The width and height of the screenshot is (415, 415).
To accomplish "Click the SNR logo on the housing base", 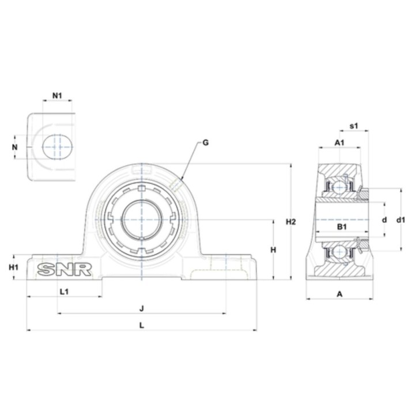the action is click(x=65, y=269).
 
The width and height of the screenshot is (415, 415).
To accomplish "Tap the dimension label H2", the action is click(x=290, y=222).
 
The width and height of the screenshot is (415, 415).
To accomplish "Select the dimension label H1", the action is click(x=13, y=267).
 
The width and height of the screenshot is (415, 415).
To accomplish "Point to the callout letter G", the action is click(x=205, y=143).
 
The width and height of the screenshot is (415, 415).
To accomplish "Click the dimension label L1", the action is click(x=65, y=292).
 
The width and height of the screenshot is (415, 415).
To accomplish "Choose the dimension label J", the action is click(x=142, y=308).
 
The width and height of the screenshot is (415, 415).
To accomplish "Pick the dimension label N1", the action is click(x=57, y=96).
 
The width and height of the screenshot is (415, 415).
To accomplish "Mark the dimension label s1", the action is click(x=354, y=126).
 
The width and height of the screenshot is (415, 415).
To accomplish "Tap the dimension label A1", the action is click(x=339, y=143).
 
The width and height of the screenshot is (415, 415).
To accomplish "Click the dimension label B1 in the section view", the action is click(x=342, y=227).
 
